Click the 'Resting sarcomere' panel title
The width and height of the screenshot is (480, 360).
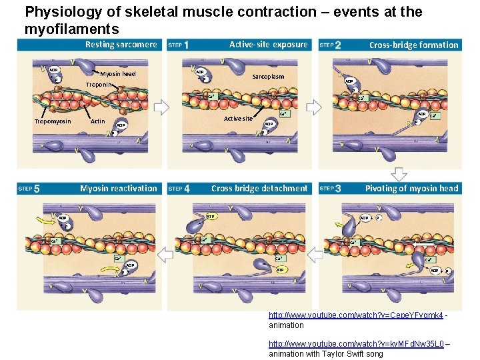[x=121, y=45]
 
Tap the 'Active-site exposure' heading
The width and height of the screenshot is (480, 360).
[x=268, y=45]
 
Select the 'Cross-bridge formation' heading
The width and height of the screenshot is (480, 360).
[x=413, y=45]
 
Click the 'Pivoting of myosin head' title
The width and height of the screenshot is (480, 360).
[x=411, y=189]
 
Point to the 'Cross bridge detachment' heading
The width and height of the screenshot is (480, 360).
[x=259, y=189]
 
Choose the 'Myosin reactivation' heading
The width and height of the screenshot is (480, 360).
[x=118, y=189]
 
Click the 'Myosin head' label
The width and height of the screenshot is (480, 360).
[x=118, y=74]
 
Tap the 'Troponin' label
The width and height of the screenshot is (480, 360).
[x=105, y=85]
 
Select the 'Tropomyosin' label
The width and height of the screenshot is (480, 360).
[x=53, y=121]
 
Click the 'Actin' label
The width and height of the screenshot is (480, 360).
[x=97, y=121]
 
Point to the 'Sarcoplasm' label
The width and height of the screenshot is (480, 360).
[x=268, y=77]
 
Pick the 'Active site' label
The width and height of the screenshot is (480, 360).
[x=238, y=119]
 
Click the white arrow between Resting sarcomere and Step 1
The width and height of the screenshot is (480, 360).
[x=162, y=108]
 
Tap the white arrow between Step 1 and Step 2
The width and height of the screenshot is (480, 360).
[x=313, y=108]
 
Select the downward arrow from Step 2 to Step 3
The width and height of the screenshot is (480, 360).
[x=399, y=173]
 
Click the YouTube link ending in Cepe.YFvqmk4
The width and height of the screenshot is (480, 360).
[x=355, y=315]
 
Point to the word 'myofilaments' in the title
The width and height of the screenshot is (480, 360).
[x=71, y=29]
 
